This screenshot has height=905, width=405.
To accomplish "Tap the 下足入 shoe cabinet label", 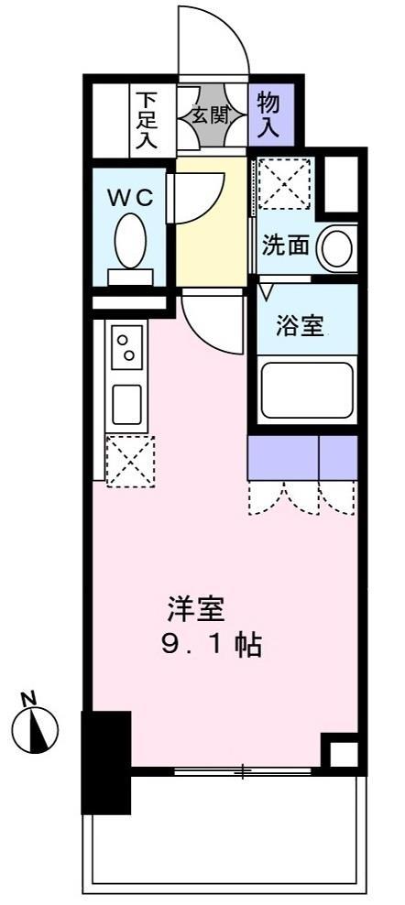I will coord(147,117).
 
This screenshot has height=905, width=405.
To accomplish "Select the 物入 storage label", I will coord(270,114).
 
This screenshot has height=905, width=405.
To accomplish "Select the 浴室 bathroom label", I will coord(300,325).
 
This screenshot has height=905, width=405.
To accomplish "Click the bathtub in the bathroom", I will coord(306,390).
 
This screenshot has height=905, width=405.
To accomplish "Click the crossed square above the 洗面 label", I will coord(285,182).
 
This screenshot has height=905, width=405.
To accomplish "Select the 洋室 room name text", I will coord(195,608).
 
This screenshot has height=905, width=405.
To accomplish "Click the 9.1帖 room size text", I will coord(211,646).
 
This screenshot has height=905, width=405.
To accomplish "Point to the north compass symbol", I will coord(35,728).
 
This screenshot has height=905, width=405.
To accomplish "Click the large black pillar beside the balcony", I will coord(105,760).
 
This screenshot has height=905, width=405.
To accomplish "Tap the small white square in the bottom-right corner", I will coord(342,755).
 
